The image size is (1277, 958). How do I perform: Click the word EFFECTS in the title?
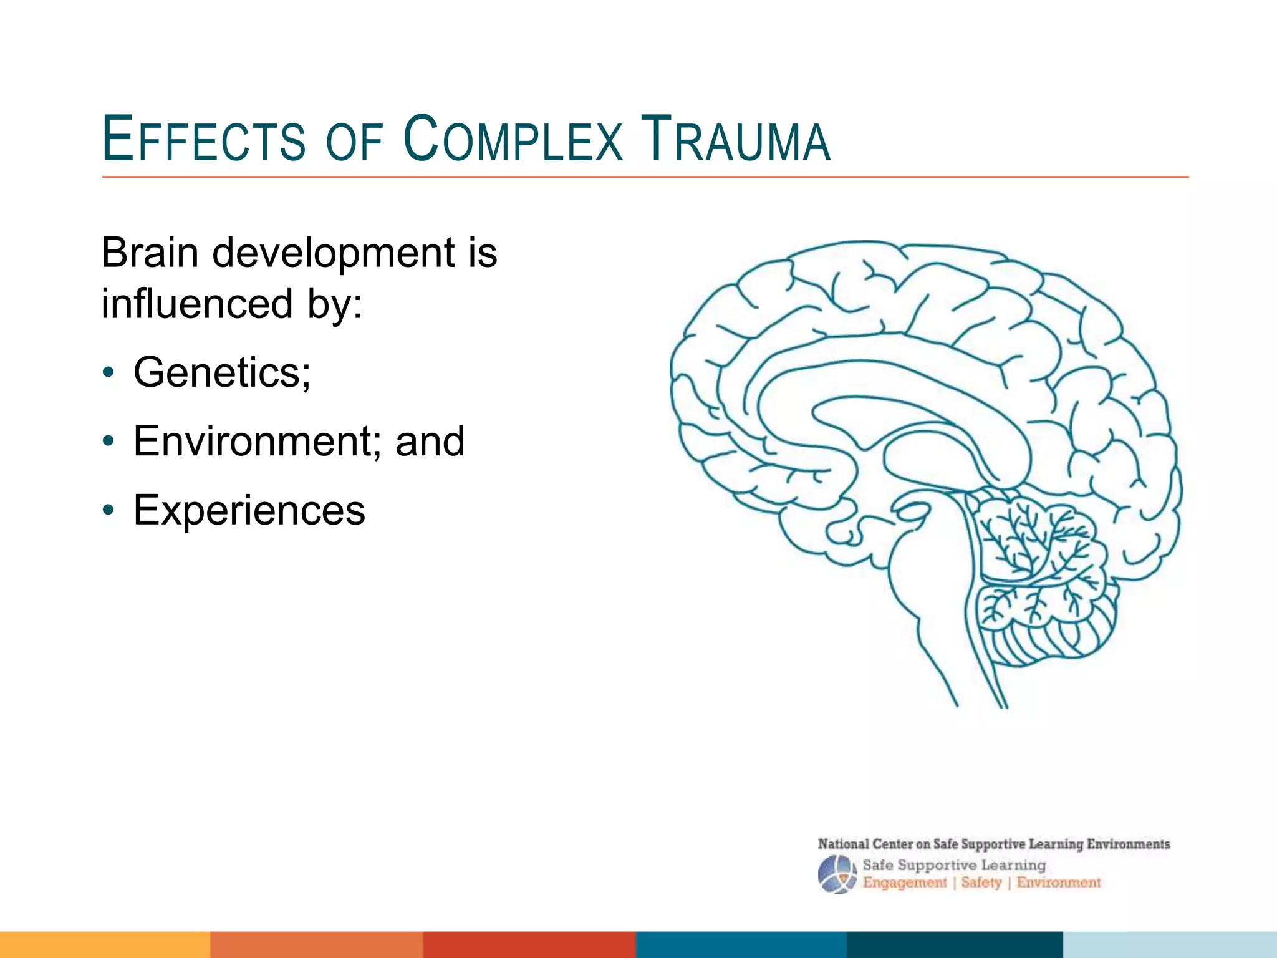coord(203,139)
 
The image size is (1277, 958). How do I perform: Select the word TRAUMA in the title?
coord(736,139)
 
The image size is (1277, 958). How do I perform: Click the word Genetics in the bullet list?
coord(221,372)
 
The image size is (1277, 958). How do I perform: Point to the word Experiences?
coord(249,510)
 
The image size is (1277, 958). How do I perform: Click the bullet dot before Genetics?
coord(109,373)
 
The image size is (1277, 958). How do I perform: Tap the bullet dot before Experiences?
coord(109,511)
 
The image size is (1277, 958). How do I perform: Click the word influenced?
coord(197,304)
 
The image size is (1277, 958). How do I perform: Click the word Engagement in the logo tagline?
coord(904,883)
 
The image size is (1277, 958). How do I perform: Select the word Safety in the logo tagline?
coord(981,883)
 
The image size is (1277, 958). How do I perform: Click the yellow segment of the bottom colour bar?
coord(105,944)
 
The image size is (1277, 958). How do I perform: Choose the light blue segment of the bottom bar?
coord(1169,944)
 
